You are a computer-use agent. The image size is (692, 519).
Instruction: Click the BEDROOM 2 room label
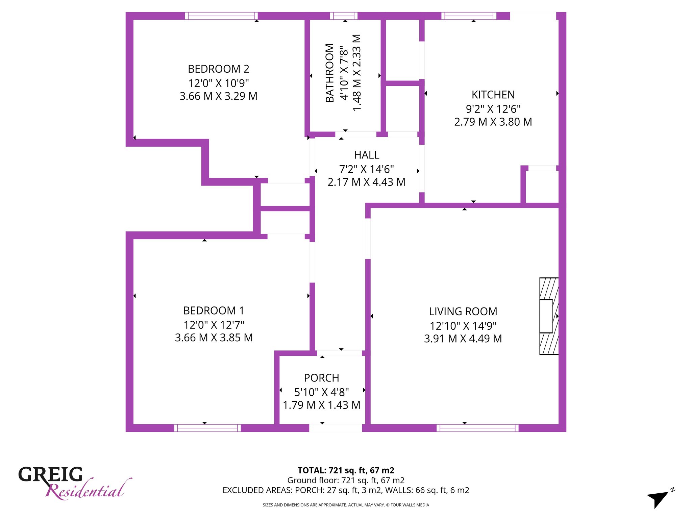[219, 69]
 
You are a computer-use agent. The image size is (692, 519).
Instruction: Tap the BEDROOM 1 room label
[214, 311]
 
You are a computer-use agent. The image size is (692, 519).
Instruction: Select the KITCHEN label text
[493, 95]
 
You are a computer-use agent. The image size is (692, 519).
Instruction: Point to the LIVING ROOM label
[463, 311]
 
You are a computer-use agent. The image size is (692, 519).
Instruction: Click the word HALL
[367, 155]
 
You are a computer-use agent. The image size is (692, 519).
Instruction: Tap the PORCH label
[322, 378]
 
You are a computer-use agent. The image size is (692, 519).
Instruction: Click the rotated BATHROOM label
[330, 73]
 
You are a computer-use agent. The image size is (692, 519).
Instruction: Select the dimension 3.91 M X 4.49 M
[463, 338]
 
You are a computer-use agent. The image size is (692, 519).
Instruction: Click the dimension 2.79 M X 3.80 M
[493, 122]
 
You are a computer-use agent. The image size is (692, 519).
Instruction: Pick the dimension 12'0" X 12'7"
[214, 325]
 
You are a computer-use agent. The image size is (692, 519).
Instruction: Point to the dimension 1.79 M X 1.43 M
[322, 405]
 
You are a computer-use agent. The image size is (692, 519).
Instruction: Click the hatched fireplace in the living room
[549, 316]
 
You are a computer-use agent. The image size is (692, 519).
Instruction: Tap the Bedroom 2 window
[221, 16]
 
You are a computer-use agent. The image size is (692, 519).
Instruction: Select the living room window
[477, 428]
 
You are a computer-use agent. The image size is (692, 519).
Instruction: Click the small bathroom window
[344, 16]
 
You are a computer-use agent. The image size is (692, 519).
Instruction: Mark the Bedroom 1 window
[207, 428]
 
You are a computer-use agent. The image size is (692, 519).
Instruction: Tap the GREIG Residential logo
[74, 483]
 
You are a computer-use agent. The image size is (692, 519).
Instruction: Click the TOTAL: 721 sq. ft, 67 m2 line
[346, 470]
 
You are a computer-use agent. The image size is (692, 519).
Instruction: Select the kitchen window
[469, 16]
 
